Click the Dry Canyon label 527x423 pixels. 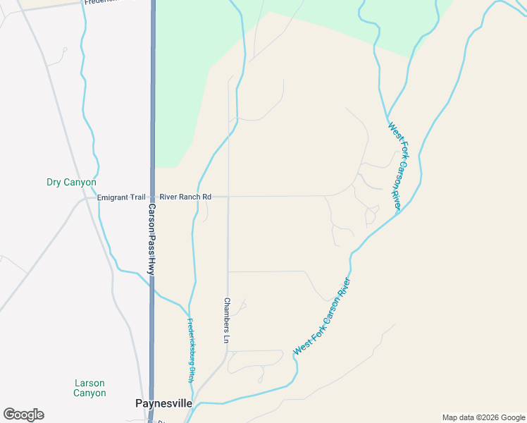coord(71,182)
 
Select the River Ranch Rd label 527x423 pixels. coord(185,197)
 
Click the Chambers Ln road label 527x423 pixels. coord(227,321)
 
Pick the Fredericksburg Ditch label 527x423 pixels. coord(191,350)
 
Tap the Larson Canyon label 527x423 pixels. coord(90,388)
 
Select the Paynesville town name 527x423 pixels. coord(163,403)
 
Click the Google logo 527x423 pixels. coord(23,415)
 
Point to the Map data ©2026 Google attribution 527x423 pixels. coord(483,417)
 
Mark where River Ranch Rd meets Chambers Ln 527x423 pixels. coord(228,197)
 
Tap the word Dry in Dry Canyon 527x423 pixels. coord(54,182)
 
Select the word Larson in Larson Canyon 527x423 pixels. coord(90,383)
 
